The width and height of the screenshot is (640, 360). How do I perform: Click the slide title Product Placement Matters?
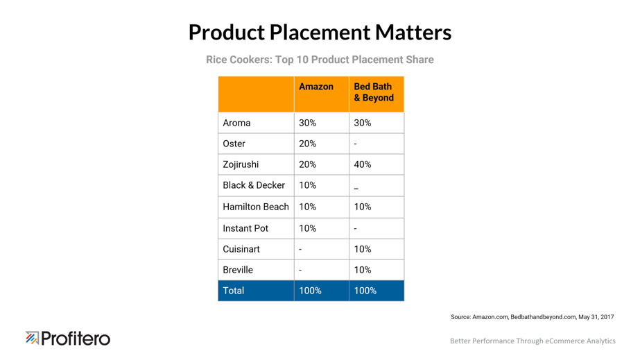click(320, 32)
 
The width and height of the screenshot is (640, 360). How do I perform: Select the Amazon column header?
click(316, 87)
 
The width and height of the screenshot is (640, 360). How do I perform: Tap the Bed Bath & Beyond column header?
click(374, 92)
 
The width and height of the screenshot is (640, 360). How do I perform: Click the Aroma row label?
click(236, 123)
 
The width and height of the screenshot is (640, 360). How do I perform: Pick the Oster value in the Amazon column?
click(307, 144)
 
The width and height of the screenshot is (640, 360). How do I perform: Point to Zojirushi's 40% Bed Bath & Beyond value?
click(363, 164)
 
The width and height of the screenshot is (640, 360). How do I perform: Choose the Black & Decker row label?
click(254, 185)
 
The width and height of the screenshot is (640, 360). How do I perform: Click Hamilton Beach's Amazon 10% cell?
click(307, 207)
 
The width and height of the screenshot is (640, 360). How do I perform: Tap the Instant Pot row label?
click(245, 228)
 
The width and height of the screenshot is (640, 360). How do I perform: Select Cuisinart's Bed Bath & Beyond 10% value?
click(363, 249)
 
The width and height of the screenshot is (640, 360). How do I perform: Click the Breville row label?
click(238, 270)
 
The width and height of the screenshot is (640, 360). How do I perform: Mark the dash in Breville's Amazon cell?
click(300, 271)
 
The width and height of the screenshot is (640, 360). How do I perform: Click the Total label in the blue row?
click(233, 291)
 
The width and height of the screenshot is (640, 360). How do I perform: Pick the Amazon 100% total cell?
click(310, 291)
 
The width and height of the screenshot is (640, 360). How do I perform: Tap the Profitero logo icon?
click(33, 338)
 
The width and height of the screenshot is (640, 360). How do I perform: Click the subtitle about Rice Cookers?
click(320, 60)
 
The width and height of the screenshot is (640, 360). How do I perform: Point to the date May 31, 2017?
click(596, 317)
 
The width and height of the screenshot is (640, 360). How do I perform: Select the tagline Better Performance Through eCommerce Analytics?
click(533, 341)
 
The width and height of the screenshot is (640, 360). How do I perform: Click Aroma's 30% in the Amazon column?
click(307, 123)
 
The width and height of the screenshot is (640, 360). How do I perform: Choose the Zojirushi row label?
click(241, 164)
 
